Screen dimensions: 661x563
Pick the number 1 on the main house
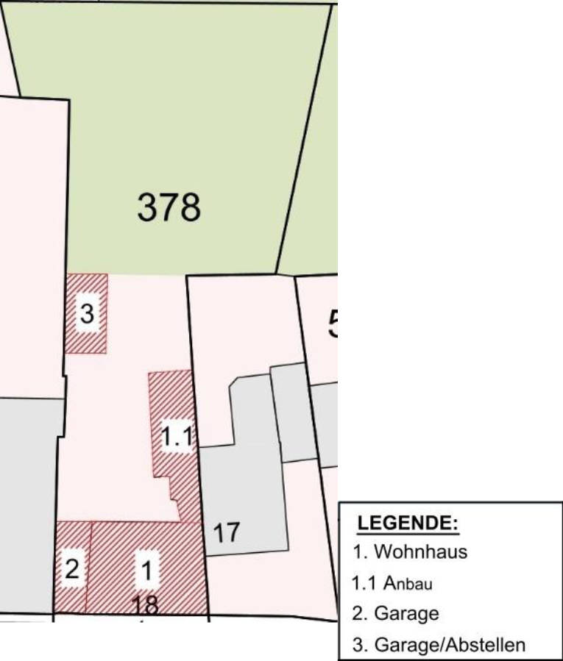coord(147,570)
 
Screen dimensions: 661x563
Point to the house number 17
coord(226,532)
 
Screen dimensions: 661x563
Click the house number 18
coord(147,605)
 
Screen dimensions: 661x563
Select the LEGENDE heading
coord(407,524)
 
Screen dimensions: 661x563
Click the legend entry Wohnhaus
coord(409,551)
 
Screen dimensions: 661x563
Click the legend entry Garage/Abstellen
coord(439,646)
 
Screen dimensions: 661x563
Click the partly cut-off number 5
coord(333,324)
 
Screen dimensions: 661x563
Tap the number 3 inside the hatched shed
coord(87,314)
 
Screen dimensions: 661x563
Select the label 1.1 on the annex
coord(177,438)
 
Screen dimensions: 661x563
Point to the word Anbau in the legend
coord(411,585)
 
